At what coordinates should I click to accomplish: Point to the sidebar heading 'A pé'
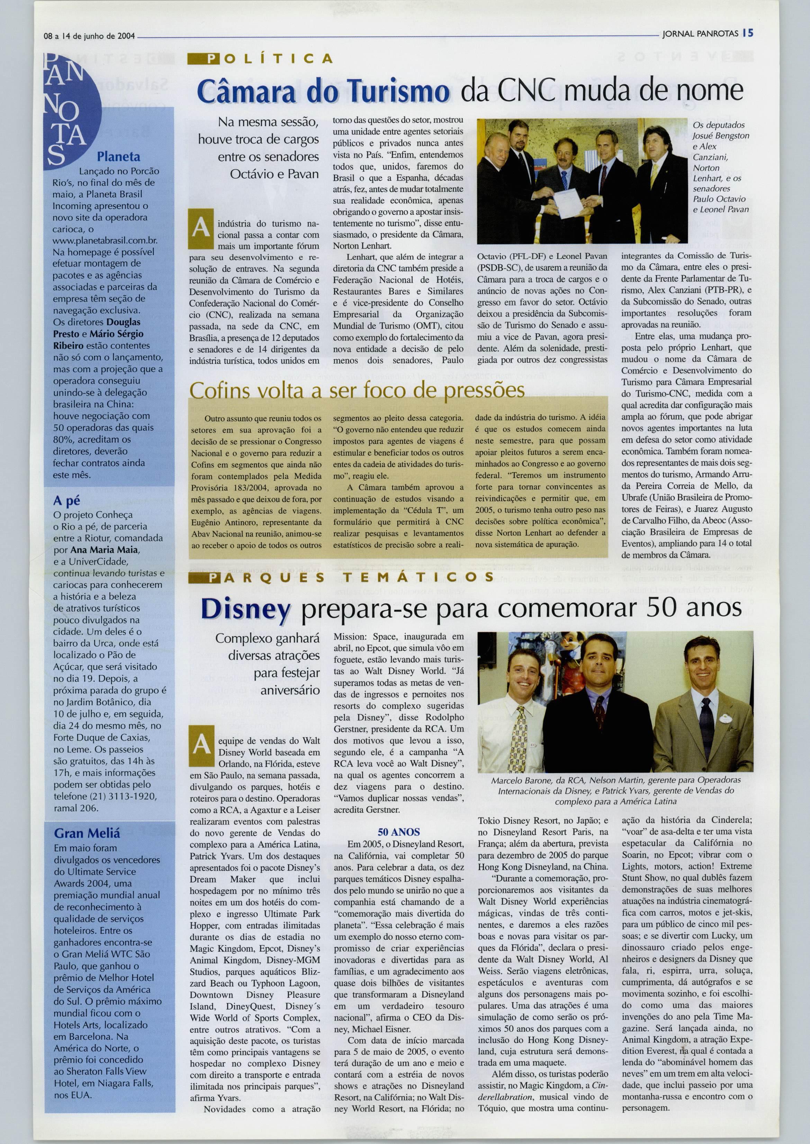(x=67, y=501)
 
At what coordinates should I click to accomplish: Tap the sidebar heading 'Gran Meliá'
(x=87, y=833)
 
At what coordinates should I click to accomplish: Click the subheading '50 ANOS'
(x=398, y=832)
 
